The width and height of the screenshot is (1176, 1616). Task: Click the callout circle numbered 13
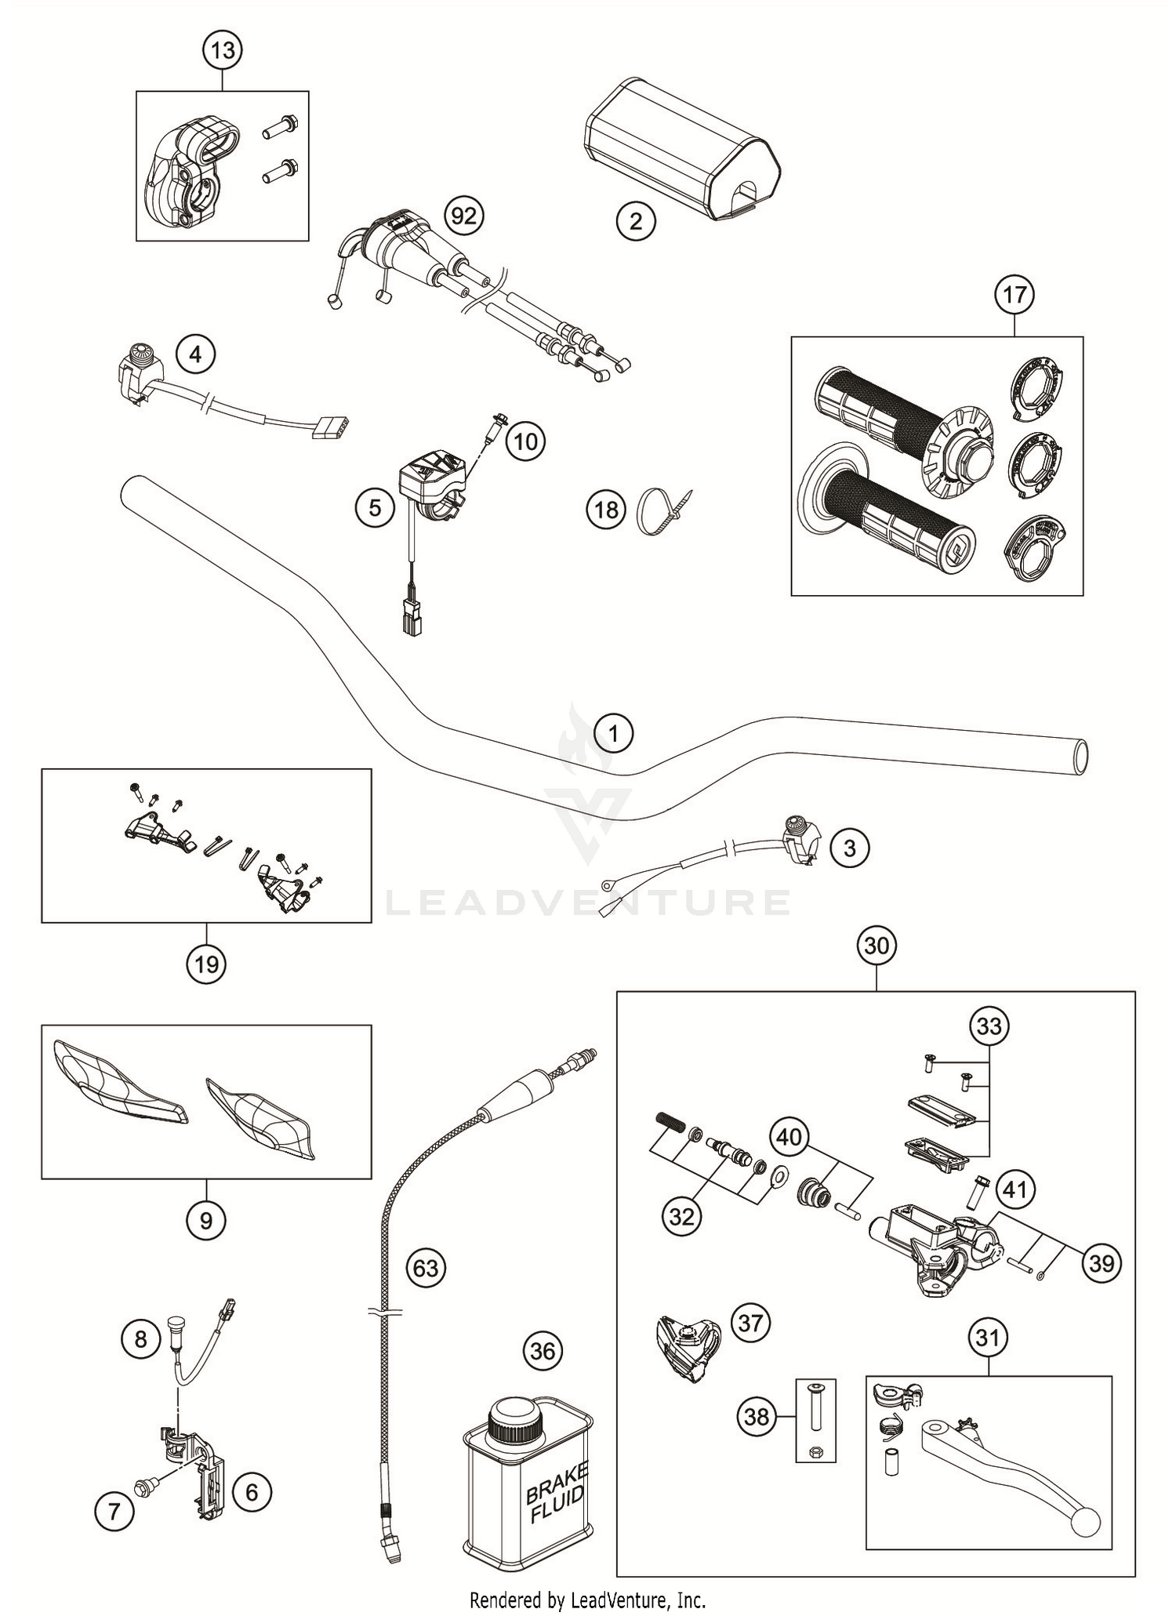[223, 50]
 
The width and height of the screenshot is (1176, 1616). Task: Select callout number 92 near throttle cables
[463, 215]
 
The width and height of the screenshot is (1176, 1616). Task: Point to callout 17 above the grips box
[1014, 295]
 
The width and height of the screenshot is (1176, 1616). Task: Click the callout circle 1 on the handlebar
[614, 734]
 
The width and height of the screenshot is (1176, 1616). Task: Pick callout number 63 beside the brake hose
[426, 1267]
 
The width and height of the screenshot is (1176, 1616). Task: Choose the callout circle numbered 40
[789, 1136]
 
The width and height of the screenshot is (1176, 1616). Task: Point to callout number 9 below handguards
[206, 1220]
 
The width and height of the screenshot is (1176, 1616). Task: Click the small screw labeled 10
[495, 430]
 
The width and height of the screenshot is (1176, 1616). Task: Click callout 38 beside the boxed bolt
[757, 1416]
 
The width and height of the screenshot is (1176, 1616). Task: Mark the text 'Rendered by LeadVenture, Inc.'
[587, 1599]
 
